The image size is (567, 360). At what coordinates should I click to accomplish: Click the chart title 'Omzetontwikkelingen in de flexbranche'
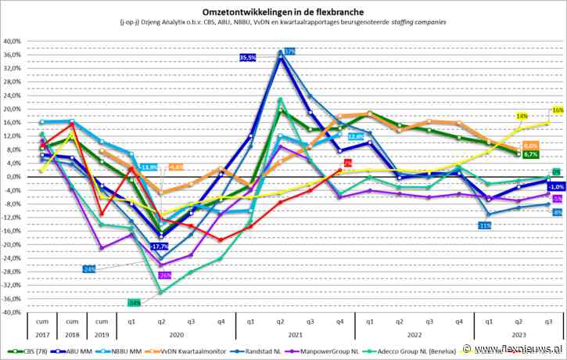282,10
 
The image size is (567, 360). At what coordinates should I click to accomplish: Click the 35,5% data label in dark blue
248,57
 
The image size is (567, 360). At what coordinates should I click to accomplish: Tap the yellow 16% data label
558,110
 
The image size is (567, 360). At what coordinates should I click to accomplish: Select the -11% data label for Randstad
485,225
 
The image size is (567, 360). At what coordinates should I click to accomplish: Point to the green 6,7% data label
529,155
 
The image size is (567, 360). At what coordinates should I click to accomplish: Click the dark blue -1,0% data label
556,186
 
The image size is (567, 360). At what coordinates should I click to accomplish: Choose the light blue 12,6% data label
355,136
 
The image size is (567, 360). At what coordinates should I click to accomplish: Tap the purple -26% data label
164,275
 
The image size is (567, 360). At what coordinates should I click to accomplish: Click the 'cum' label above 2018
70,321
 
